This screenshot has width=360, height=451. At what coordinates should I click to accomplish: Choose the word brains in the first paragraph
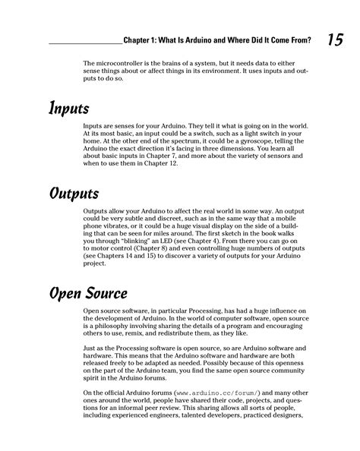(173, 64)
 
